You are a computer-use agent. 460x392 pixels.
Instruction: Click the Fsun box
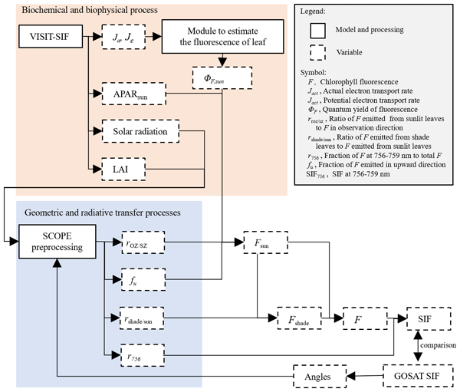[x=264, y=242]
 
